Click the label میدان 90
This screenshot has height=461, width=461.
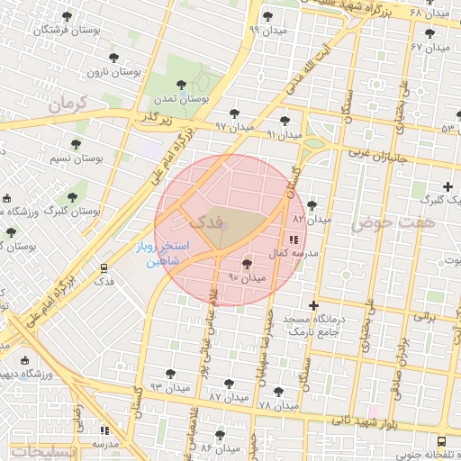pyautogui.click(x=248, y=278)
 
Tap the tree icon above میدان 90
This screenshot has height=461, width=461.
pyautogui.click(x=248, y=264)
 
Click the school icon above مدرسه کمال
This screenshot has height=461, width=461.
pyautogui.click(x=294, y=240)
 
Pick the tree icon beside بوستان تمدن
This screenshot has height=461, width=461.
pyautogui.click(x=182, y=85)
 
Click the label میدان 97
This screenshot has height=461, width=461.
pyautogui.click(x=234, y=127)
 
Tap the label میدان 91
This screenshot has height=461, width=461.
pyautogui.click(x=285, y=134)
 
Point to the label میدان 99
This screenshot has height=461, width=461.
pyautogui.click(x=267, y=30)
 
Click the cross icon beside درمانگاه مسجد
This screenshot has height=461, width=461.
pyautogui.click(x=314, y=306)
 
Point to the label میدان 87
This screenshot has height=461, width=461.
pyautogui.click(x=228, y=396)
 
